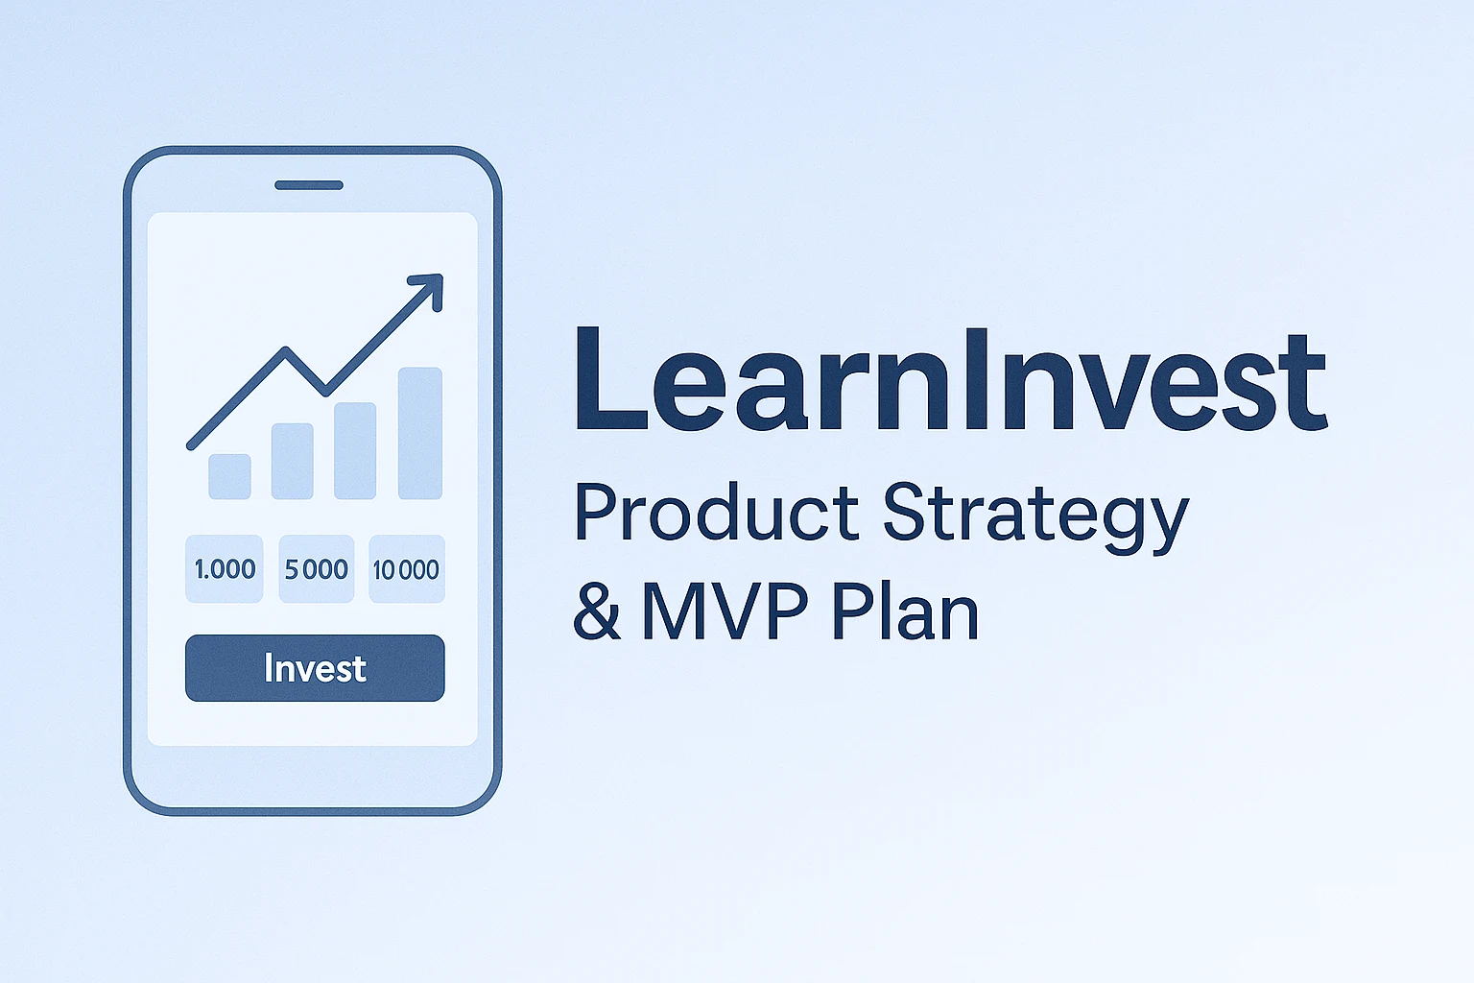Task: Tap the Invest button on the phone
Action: pos(315,667)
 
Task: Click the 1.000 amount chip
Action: pos(225,569)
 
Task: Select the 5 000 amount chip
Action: pos(317,569)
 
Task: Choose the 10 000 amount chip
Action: pos(407,569)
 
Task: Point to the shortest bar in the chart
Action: pos(229,477)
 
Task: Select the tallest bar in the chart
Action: pos(419,433)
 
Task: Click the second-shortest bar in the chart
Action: pos(292,461)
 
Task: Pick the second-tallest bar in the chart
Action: pos(355,451)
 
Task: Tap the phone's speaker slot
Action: pos(309,185)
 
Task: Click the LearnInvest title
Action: pos(951,379)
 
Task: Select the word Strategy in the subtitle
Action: pos(1035,518)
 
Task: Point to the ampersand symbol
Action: pos(596,610)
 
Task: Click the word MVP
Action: pos(725,611)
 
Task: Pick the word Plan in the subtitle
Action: pos(906,611)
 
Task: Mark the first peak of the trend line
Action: pos(286,349)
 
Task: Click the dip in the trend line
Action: pos(325,392)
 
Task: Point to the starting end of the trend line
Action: pos(191,446)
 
